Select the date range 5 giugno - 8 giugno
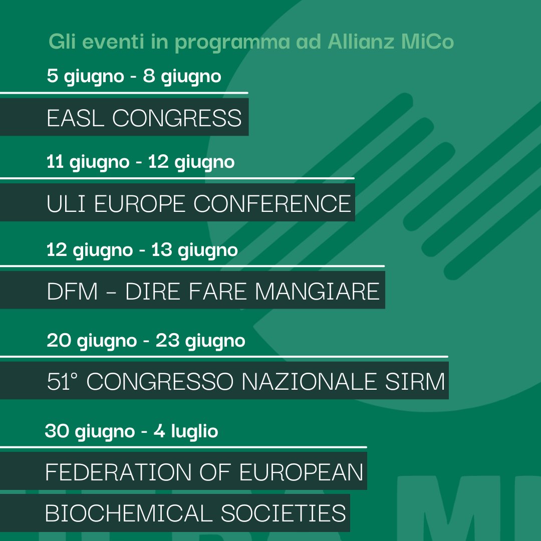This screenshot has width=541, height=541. [134, 77]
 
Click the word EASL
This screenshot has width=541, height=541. [76, 118]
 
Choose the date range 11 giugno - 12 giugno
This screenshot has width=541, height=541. [140, 162]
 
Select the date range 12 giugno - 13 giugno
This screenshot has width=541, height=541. [142, 249]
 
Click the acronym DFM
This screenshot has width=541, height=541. [72, 291]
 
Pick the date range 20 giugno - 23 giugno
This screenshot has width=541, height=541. [146, 341]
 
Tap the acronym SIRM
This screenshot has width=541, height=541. [419, 382]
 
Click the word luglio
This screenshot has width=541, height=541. [194, 431]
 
